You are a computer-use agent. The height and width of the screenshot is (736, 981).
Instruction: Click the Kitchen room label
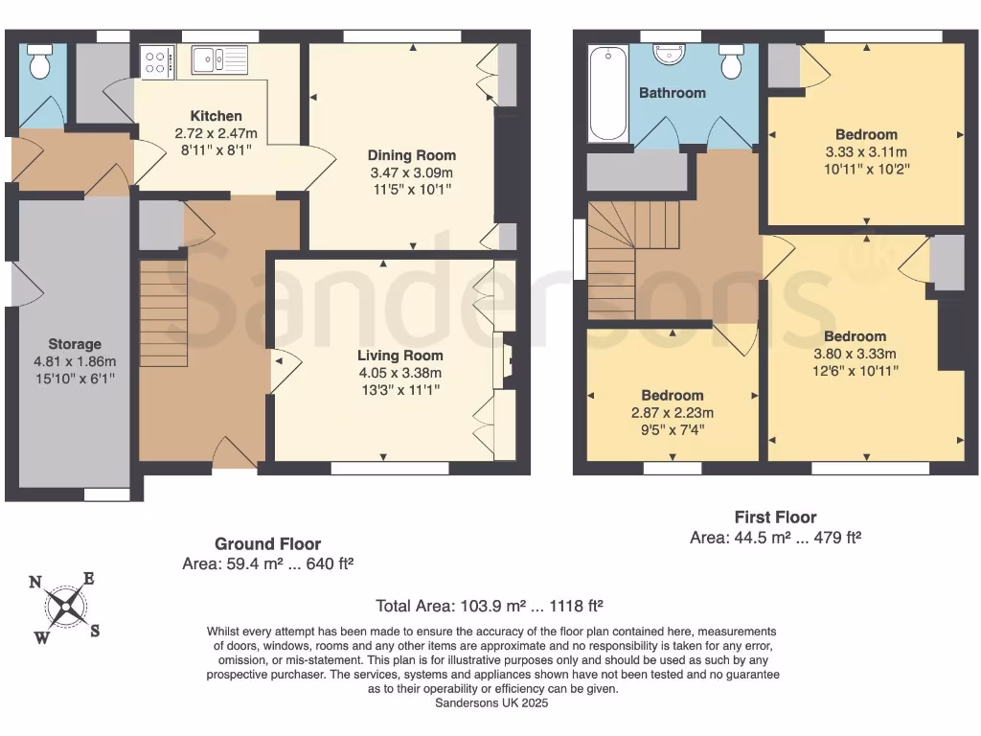[216, 116]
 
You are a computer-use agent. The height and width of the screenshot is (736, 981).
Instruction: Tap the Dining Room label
[412, 155]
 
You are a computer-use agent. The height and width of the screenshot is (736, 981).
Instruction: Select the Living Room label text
[400, 356]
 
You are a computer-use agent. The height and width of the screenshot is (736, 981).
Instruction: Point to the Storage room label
[75, 344]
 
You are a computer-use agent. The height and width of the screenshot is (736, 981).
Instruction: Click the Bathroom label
[672, 93]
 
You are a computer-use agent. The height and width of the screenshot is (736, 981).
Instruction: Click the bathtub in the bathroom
[608, 93]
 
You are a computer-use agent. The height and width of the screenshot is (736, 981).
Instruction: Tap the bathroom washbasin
[669, 55]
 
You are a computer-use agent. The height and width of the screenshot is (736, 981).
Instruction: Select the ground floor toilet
[40, 61]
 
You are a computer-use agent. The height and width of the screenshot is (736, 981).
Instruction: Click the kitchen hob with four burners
[156, 62]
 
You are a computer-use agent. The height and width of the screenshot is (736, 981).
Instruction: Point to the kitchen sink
[219, 60]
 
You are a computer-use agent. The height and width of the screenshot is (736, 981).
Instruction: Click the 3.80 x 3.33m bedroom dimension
[855, 354]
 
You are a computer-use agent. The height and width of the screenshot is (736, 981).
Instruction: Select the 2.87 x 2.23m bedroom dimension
[672, 412]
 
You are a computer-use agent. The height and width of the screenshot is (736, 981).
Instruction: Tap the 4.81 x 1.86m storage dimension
[75, 361]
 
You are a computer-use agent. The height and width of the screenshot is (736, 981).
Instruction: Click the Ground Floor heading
[268, 544]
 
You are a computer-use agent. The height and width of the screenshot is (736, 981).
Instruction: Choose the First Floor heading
[775, 517]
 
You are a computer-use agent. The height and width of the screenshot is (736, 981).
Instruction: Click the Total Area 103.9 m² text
[490, 606]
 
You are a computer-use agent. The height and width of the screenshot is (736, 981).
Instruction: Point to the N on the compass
[35, 582]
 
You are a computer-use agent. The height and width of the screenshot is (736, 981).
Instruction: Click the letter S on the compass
[95, 631]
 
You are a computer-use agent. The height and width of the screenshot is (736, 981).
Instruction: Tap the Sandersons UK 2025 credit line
[491, 702]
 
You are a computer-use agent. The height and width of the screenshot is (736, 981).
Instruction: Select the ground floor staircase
[163, 313]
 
